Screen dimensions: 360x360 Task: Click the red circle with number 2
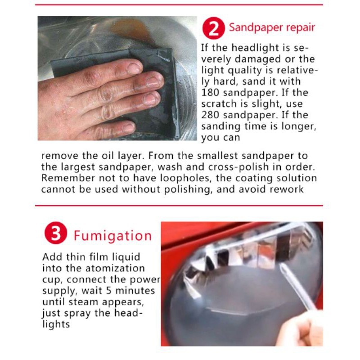(x=213, y=28)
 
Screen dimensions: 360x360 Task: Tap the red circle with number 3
(x=56, y=233)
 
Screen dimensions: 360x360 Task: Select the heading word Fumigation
(x=113, y=236)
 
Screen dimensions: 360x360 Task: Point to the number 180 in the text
(x=210, y=93)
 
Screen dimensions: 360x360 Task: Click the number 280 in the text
(x=210, y=115)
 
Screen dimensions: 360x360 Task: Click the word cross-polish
(x=238, y=167)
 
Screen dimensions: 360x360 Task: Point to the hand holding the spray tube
(x=301, y=329)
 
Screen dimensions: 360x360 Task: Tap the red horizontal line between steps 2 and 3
(x=179, y=206)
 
